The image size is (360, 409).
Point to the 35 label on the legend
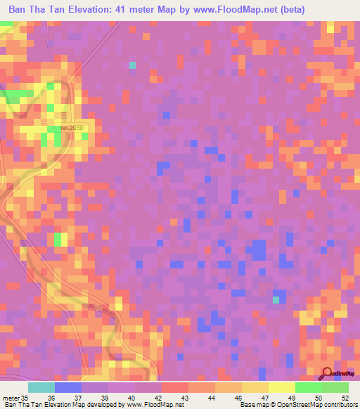27,398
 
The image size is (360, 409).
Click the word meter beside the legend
11,398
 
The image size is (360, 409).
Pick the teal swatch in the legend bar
41,387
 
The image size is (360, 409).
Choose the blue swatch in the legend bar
68,387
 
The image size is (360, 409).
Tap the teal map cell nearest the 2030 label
132,65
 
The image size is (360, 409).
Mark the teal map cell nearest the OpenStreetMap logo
276,300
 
